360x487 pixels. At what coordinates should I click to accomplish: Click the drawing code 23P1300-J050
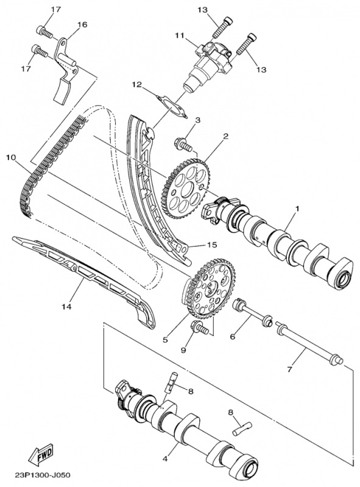tap(42, 475)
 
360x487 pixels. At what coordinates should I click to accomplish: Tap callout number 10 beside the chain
tap(11, 158)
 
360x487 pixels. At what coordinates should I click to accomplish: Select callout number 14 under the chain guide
tap(66, 307)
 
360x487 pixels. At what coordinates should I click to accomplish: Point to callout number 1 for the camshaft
tap(297, 208)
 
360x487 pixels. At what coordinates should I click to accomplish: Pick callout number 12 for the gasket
tap(136, 84)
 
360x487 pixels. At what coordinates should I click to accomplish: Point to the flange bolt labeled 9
tap(199, 327)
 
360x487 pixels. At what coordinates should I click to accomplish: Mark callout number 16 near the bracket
tap(82, 24)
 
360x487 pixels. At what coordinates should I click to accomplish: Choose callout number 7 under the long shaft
tap(289, 370)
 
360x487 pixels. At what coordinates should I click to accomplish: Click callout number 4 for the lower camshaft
tap(165, 458)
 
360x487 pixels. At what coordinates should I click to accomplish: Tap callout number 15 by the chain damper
tap(212, 245)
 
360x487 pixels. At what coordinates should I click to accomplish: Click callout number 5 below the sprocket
tap(165, 340)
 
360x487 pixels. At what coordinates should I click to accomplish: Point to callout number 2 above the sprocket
tap(226, 136)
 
